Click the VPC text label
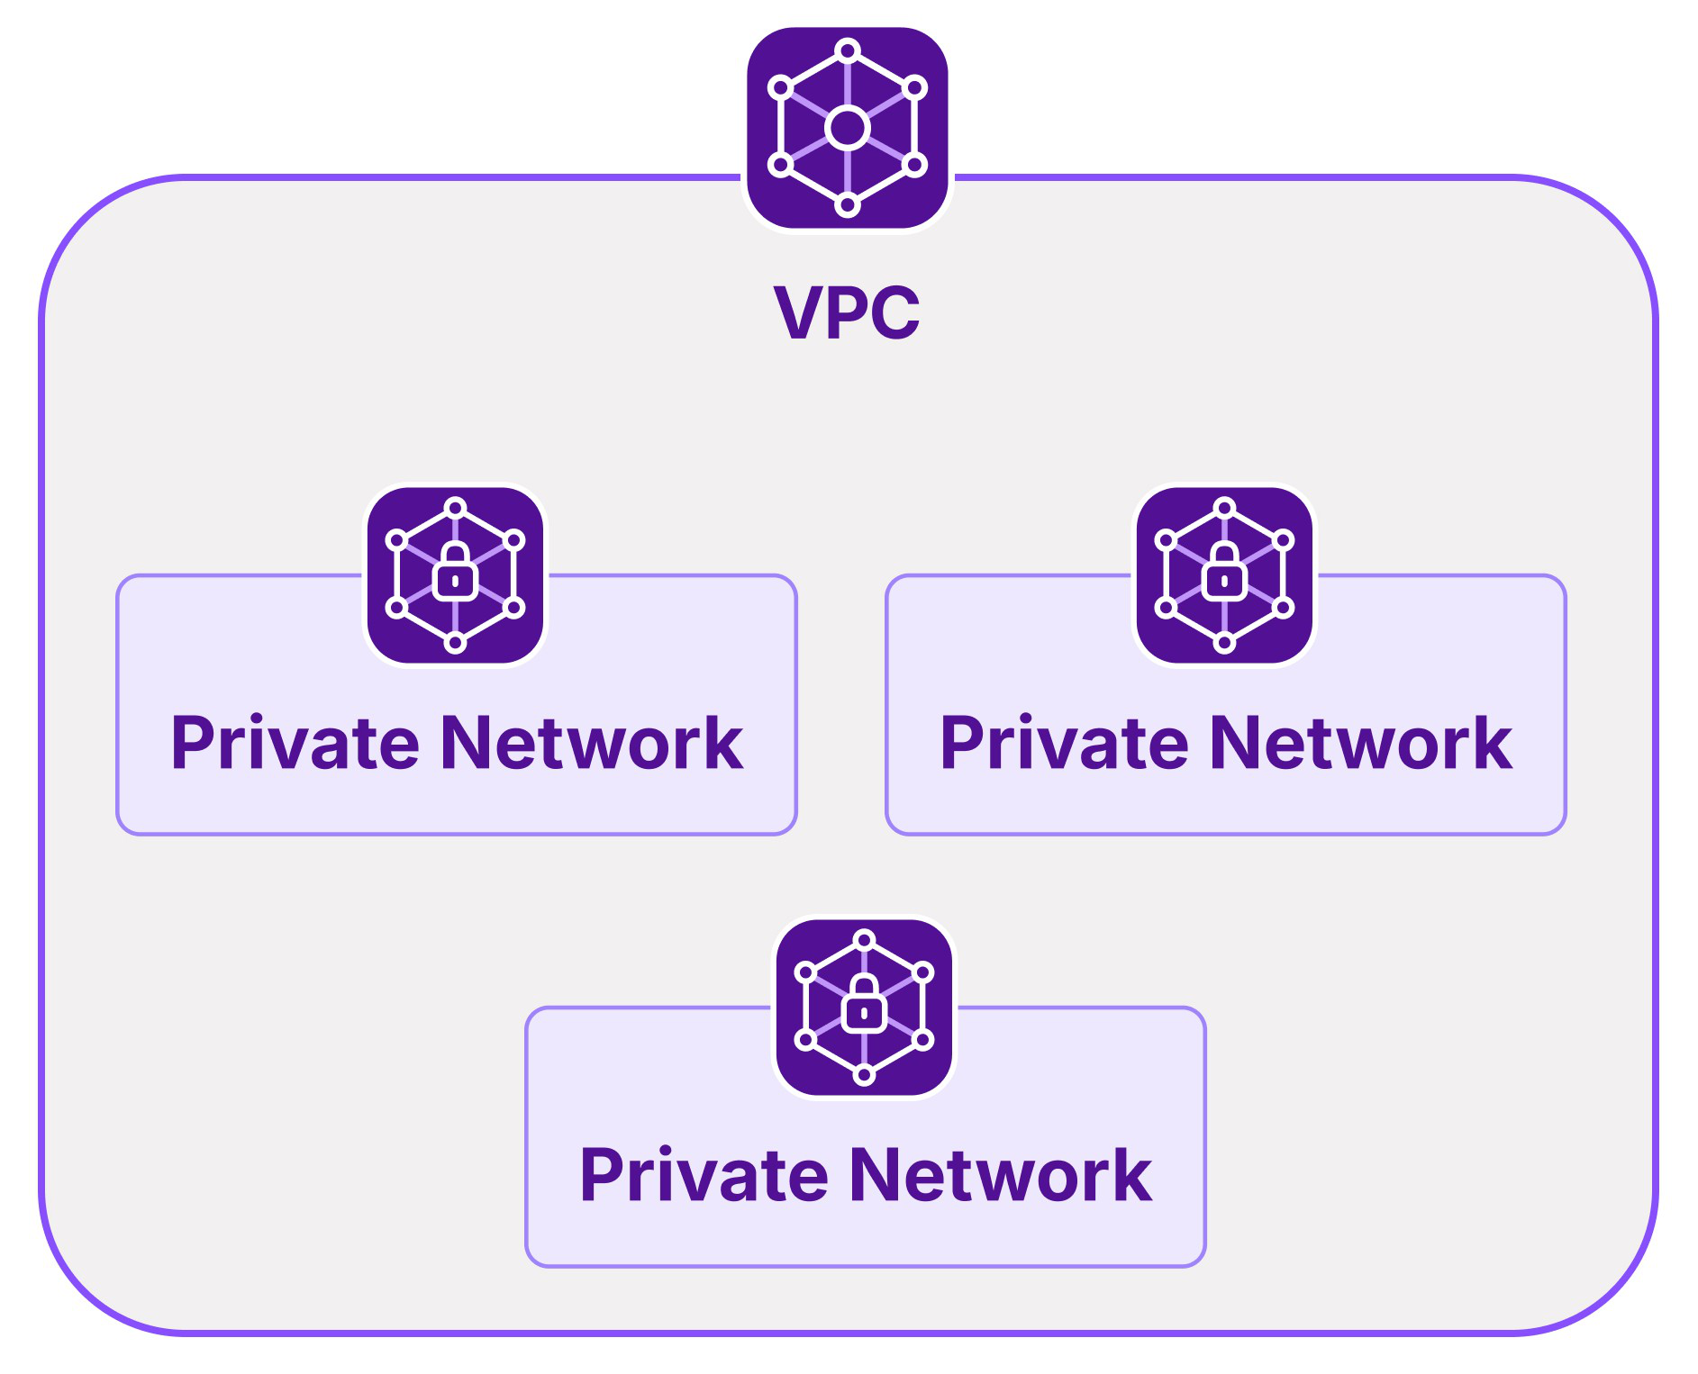pos(847,312)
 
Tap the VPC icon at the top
pos(847,128)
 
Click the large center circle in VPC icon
pos(847,128)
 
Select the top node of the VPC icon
pos(847,50)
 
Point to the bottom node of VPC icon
pos(847,205)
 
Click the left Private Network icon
pos(455,575)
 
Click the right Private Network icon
pos(1224,575)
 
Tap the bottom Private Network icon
pos(864,1008)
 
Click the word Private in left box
pos(295,744)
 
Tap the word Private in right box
pos(1065,744)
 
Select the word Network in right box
pos(1361,744)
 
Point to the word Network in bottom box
pos(1001,1176)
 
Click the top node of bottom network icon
pos(864,940)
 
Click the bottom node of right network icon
pos(1224,642)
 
